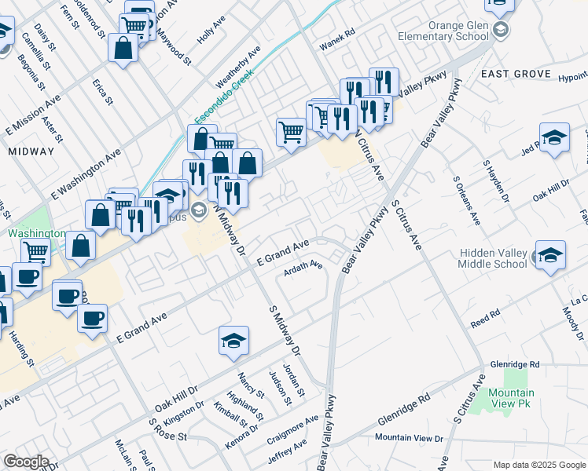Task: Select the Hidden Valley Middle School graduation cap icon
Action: pyautogui.click(x=551, y=256)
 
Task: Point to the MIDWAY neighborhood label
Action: pyautogui.click(x=31, y=151)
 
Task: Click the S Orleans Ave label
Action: pyautogui.click(x=466, y=200)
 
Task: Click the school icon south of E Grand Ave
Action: pyautogui.click(x=233, y=341)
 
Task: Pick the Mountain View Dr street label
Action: pyautogui.click(x=410, y=437)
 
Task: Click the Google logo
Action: pyautogui.click(x=26, y=462)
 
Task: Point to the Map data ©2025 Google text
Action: pyautogui.click(x=539, y=465)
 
